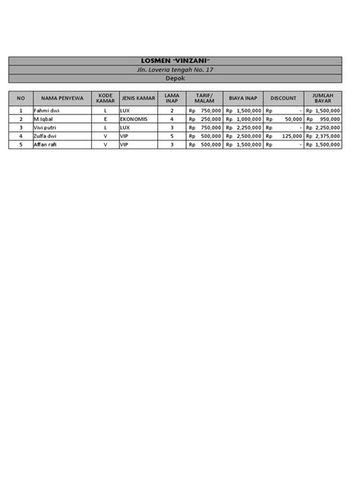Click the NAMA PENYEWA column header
click(x=61, y=98)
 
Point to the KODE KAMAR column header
click(x=105, y=98)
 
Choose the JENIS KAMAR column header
click(x=137, y=98)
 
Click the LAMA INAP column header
click(x=172, y=98)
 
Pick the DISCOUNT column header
click(x=283, y=98)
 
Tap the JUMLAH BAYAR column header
click(x=322, y=98)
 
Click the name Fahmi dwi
click(x=45, y=111)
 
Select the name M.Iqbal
click(x=43, y=119)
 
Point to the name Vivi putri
click(x=45, y=128)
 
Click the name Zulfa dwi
click(x=44, y=136)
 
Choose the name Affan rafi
click(x=45, y=144)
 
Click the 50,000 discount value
click(x=292, y=119)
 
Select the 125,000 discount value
click(x=291, y=136)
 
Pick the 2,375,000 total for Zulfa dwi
click(x=327, y=136)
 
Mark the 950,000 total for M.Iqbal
click(x=329, y=119)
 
